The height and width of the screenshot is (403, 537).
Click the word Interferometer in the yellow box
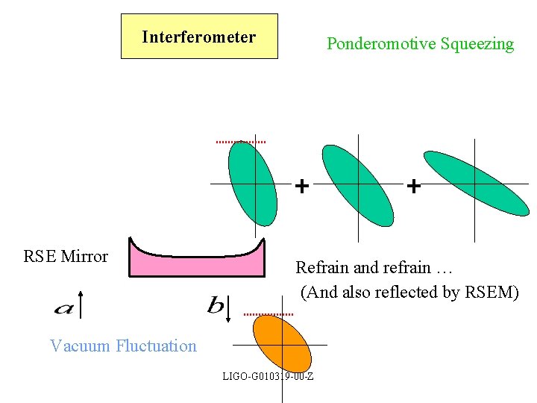click(x=199, y=37)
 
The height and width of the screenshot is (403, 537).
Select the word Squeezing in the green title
click(x=477, y=44)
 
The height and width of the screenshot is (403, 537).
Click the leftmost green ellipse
click(x=252, y=182)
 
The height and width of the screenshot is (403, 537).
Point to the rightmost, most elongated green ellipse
click(x=475, y=183)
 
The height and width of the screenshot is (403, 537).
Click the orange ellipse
click(x=281, y=343)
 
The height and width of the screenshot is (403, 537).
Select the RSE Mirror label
click(x=66, y=257)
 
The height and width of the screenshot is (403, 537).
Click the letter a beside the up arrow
click(x=63, y=307)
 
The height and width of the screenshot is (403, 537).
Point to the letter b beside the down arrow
click(x=215, y=305)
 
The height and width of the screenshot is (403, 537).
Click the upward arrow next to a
click(x=81, y=306)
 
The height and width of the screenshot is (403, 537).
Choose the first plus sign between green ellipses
click(x=301, y=185)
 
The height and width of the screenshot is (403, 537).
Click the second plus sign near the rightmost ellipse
click(x=413, y=185)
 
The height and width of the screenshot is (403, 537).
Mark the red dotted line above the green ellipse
click(x=241, y=141)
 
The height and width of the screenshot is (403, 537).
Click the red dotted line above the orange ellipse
click(x=268, y=314)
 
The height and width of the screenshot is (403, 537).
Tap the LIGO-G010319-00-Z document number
click(x=268, y=375)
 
